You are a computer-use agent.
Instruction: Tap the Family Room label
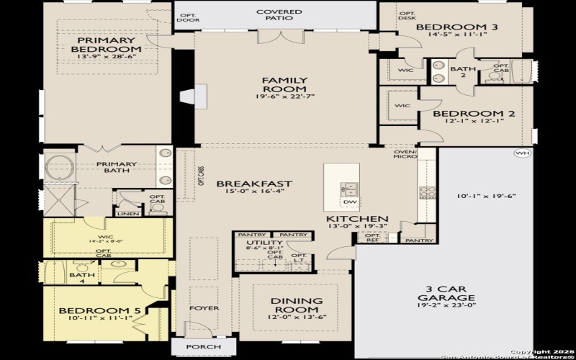pyautogui.click(x=284, y=85)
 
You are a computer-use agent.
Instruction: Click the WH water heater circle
pyautogui.click(x=521, y=153)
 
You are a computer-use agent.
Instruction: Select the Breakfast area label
pyautogui.click(x=254, y=184)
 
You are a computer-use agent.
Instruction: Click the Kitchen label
pyautogui.click(x=357, y=219)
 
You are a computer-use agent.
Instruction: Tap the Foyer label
pyautogui.click(x=204, y=308)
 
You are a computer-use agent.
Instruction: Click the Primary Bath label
pyautogui.click(x=117, y=164)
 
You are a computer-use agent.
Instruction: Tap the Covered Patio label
pyautogui.click(x=279, y=17)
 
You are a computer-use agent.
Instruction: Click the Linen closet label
pyautogui.click(x=129, y=213)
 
